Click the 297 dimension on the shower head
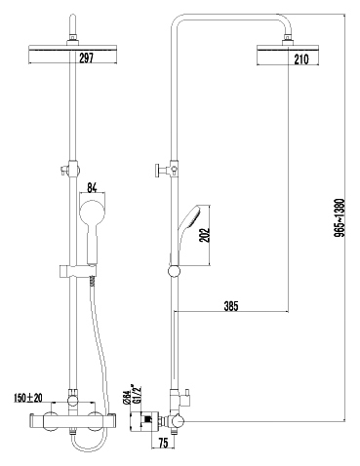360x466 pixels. (86, 58)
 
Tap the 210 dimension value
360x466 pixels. (301, 59)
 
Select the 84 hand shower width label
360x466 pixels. (92, 188)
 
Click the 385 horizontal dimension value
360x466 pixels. (231, 306)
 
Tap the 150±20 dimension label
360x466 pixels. (28, 398)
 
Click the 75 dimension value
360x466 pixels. (164, 444)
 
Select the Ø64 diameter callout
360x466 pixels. (127, 397)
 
